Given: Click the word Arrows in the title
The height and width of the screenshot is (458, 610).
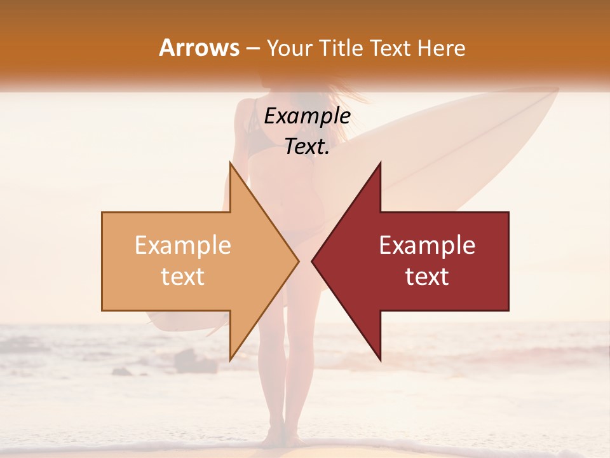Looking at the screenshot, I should (x=199, y=48).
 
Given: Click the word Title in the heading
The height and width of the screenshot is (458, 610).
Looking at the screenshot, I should (x=340, y=48).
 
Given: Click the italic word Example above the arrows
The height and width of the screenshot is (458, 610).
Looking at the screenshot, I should (x=307, y=116).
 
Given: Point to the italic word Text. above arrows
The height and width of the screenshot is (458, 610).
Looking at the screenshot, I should (x=307, y=146).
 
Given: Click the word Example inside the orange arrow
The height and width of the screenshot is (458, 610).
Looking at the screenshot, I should (x=183, y=246).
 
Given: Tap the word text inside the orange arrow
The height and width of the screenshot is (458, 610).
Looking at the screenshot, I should (x=183, y=277).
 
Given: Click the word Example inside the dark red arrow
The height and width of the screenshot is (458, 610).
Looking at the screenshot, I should (x=427, y=246).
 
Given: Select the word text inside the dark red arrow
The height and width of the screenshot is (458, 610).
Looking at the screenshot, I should (x=427, y=277).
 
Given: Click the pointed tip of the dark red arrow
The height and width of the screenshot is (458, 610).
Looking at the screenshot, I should (x=313, y=261).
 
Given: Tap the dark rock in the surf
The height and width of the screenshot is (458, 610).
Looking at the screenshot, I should (x=191, y=361).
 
